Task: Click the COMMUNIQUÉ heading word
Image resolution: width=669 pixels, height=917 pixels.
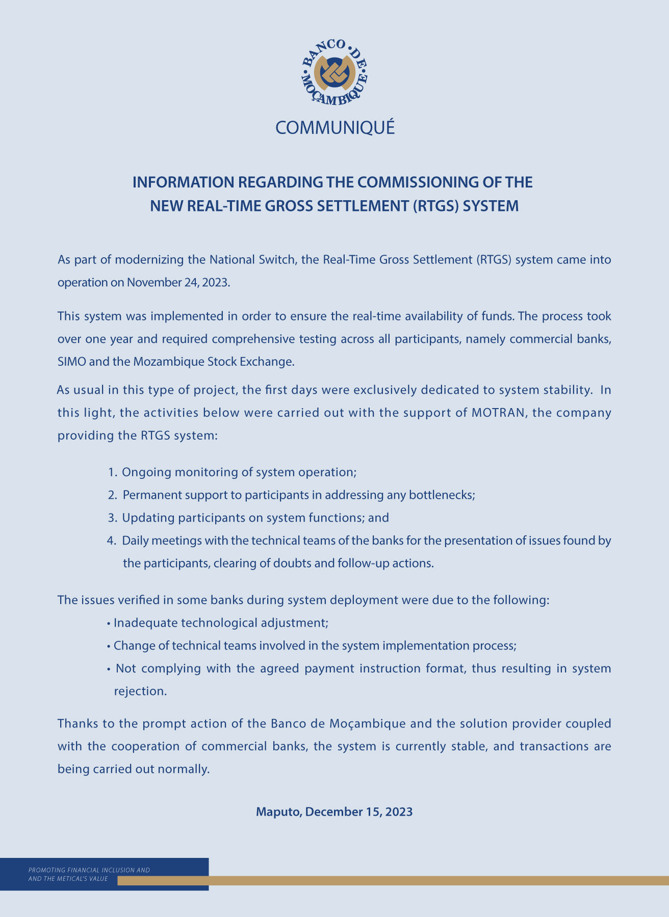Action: point(334,128)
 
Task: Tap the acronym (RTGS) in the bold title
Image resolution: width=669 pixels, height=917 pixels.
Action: point(435,206)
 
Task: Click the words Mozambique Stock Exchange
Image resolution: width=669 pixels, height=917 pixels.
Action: point(213,362)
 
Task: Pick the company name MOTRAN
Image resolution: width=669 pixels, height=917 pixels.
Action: point(498,413)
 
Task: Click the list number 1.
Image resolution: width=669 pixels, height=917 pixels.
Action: point(113,472)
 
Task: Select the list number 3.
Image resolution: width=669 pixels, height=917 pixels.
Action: point(113,518)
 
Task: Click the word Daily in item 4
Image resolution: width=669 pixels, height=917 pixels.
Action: point(135,541)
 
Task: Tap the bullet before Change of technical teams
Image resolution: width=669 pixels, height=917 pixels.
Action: point(109,646)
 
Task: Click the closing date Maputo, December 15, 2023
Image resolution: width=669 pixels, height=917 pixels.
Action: point(334,812)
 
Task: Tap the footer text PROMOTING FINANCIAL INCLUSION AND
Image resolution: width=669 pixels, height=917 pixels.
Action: point(89,870)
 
